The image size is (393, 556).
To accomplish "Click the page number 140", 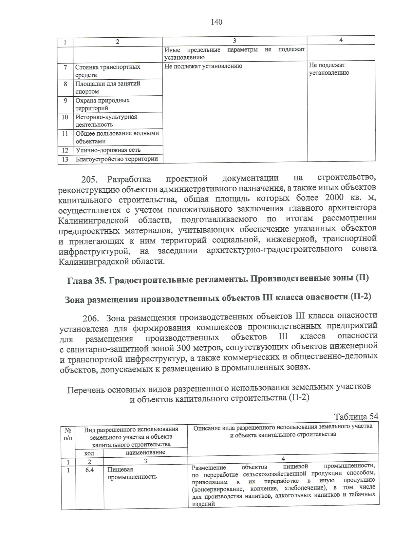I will coord(216,22).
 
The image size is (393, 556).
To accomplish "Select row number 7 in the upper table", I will coord(65,67).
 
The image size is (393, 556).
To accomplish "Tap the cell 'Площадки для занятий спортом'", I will coord(108,87).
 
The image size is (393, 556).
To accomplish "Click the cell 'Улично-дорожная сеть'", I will coord(108,150).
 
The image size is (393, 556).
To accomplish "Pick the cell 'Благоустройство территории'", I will coord(117,159).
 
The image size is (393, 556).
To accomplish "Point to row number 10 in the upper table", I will coord(65,117).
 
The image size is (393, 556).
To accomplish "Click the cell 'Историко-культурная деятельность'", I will coord(106,121).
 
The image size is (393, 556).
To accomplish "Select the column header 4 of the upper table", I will coord(341,40).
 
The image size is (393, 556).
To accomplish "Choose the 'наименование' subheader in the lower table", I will coord(145,452).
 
